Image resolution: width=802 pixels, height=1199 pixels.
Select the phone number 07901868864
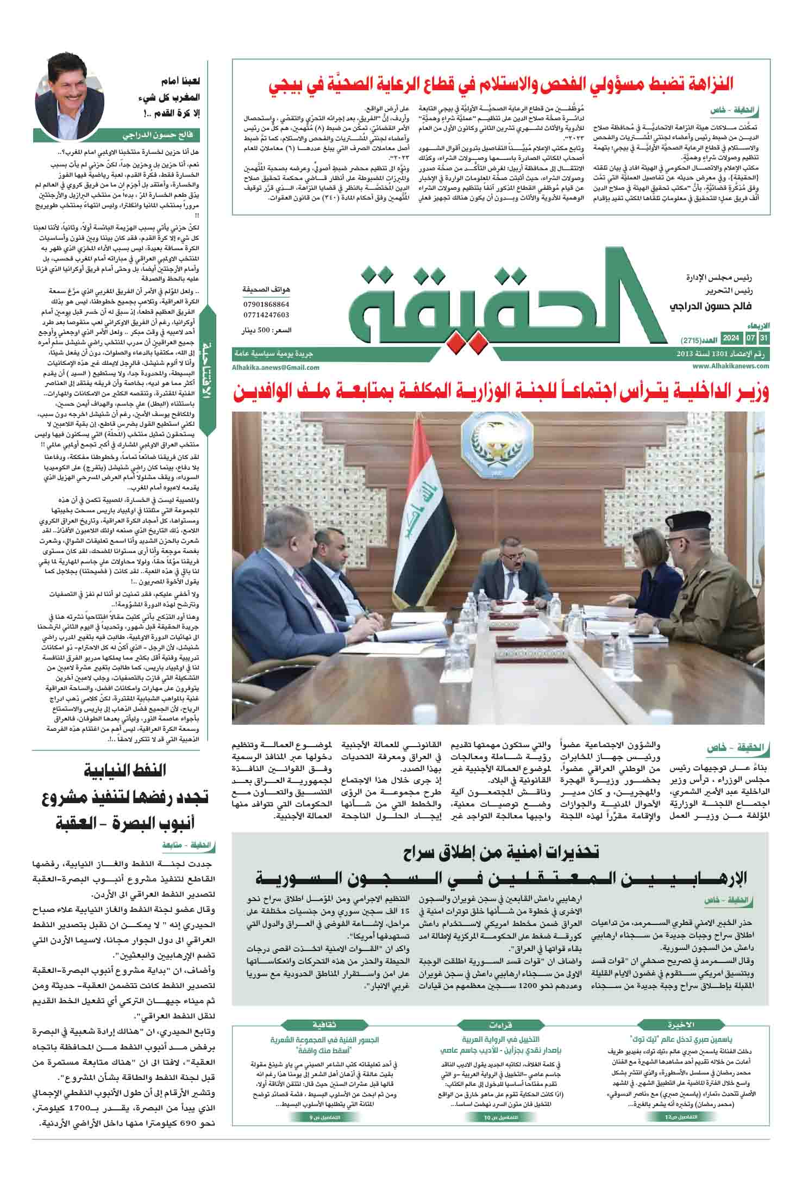tap(266, 304)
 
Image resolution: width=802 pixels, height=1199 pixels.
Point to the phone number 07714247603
tap(266, 315)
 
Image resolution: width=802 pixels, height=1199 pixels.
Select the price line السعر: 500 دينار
tap(266, 330)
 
